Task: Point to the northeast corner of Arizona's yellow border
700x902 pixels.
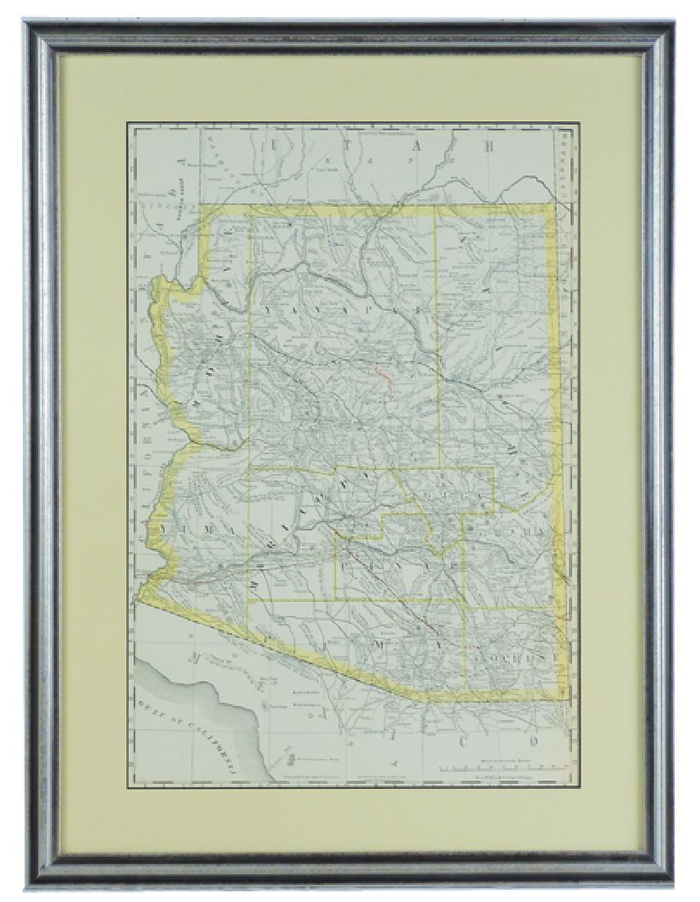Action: (555, 205)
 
